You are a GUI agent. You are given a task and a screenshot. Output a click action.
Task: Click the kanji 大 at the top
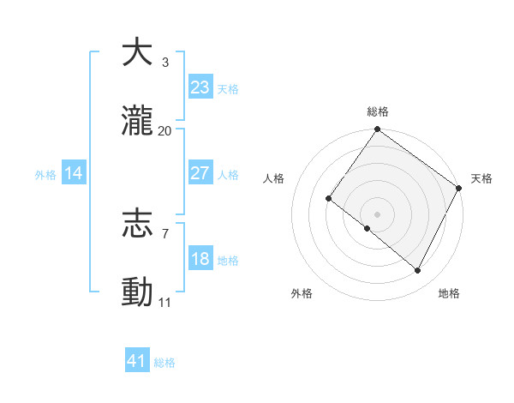coord(137,52)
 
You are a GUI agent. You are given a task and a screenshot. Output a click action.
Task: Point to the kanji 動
coord(137,292)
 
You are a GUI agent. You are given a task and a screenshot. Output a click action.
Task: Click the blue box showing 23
coord(200,87)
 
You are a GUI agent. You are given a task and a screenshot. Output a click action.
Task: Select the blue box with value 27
coord(200,173)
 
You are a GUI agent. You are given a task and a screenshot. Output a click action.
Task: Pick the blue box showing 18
coord(200,259)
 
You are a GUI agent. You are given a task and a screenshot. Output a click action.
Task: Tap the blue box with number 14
coord(74,173)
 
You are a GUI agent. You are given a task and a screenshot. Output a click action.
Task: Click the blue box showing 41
coord(137,361)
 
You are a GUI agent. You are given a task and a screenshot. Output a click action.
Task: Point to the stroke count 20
coord(165,131)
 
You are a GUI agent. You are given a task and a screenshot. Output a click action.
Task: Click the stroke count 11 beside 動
coord(165,303)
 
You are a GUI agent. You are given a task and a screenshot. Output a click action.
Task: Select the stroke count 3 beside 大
coord(165,63)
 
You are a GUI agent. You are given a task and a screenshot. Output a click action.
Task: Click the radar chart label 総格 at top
coord(378,111)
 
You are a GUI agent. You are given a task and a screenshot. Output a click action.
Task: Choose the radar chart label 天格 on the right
coord(481,178)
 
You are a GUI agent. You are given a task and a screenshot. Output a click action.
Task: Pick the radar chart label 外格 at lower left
coord(302,293)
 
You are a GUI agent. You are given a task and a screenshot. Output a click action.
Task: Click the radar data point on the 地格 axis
coord(418,271)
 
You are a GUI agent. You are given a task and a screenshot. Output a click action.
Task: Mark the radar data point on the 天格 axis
coord(459,188)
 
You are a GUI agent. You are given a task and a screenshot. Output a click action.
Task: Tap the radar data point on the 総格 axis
coord(378,130)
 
